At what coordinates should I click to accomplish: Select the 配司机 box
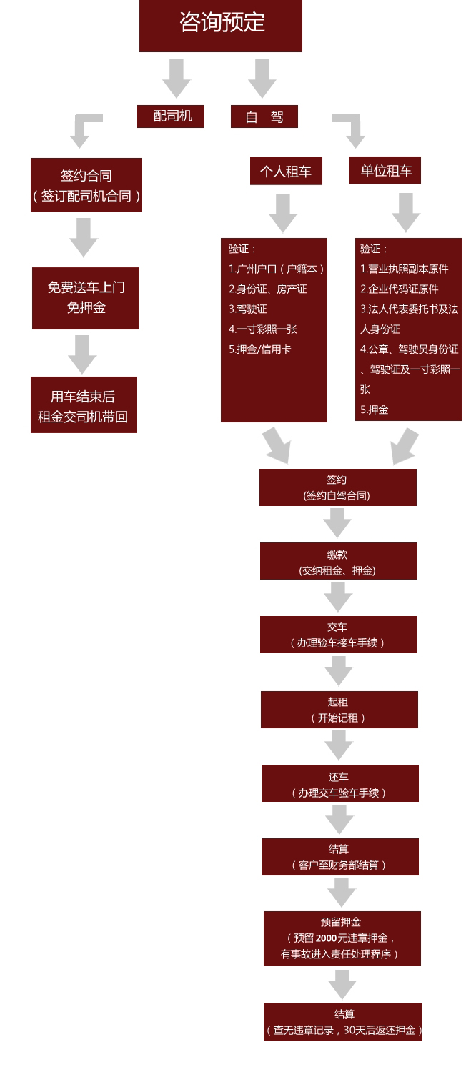click(171, 116)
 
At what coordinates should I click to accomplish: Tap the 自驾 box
click(264, 116)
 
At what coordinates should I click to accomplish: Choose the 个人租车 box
click(286, 172)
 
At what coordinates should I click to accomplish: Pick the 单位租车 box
click(385, 171)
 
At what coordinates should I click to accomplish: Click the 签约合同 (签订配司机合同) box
click(86, 185)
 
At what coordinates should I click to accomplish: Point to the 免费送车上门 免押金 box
click(85, 298)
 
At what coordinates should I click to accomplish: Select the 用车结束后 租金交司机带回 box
click(84, 405)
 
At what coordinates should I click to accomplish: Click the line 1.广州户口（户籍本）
click(277, 269)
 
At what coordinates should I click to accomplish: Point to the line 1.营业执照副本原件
click(405, 269)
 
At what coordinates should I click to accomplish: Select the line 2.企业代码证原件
click(400, 289)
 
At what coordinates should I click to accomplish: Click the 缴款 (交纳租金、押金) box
click(338, 562)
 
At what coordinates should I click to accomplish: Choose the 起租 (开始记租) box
click(339, 710)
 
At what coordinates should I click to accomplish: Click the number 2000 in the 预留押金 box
click(326, 938)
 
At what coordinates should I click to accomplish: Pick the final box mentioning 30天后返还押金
click(343, 1022)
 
